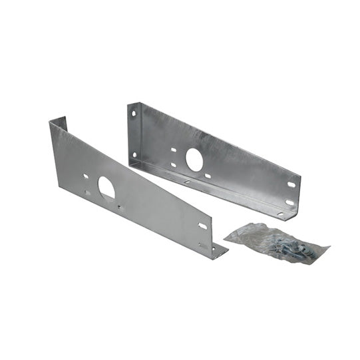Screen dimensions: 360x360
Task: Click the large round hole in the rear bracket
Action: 194,159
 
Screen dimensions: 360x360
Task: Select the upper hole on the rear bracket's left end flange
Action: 133,114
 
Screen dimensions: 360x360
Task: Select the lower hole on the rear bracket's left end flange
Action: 134,155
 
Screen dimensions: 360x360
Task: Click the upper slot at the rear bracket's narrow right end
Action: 291,185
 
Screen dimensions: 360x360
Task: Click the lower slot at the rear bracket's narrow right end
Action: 289,202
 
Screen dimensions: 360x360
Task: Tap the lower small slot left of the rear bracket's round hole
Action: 172,164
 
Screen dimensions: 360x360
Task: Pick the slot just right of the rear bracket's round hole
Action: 208,176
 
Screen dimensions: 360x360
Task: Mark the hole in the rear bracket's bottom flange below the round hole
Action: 187,181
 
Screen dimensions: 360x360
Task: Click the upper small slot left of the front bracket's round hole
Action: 86,177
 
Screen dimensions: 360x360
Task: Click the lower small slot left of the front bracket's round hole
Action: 87,193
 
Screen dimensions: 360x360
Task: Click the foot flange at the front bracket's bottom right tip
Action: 219,250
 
